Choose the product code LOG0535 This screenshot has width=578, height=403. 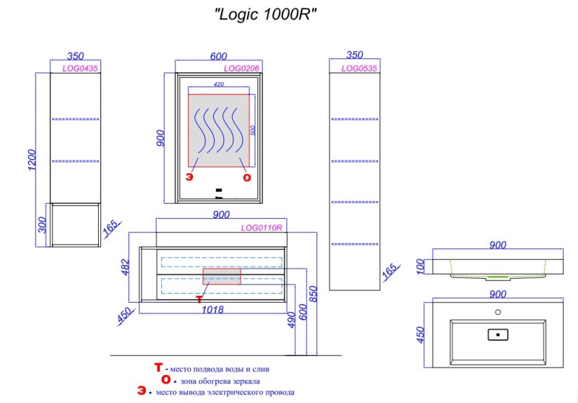(360, 68)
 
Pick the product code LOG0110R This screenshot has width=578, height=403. (261, 227)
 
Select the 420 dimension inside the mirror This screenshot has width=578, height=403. (219, 84)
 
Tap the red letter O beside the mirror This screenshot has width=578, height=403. (246, 177)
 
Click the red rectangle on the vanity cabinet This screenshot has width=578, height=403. (221, 276)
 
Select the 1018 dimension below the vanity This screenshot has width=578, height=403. (210, 311)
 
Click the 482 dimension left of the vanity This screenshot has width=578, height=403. (124, 267)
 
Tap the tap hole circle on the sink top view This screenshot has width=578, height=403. (497, 313)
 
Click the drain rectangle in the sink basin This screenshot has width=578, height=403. (498, 334)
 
